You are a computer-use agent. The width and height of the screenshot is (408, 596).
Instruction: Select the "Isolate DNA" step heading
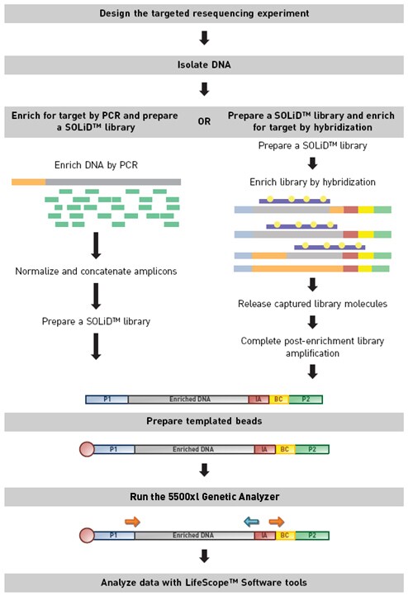click(204, 65)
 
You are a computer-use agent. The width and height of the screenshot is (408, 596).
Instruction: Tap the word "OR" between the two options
click(203, 121)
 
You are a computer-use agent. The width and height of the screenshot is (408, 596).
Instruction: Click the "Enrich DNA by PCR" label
click(96, 165)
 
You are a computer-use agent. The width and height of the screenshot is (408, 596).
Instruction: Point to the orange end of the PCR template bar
click(28, 181)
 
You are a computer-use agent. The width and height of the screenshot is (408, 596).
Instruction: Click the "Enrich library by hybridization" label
click(313, 182)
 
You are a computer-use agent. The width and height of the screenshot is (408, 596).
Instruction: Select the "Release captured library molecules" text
click(313, 304)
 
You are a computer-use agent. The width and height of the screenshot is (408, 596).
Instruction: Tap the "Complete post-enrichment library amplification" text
click(313, 346)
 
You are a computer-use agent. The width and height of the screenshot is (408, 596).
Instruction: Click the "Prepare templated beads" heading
click(204, 423)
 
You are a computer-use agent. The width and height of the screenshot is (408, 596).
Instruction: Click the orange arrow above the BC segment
click(278, 521)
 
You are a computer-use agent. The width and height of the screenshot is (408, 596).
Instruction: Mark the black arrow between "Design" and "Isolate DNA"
click(204, 39)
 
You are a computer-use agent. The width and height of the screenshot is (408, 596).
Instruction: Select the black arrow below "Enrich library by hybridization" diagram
click(313, 284)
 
